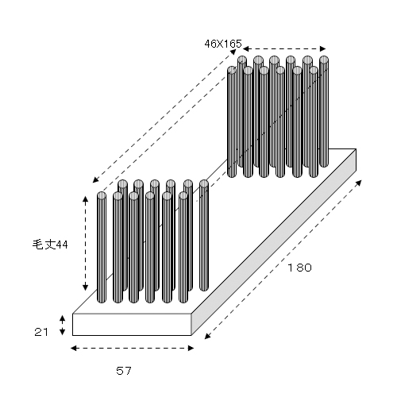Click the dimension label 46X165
223,44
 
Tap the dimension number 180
299,268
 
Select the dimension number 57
124,371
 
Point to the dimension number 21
41,332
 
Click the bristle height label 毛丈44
50,245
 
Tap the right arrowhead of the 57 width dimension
191,348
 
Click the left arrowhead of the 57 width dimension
74,348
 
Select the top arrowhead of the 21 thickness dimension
62,318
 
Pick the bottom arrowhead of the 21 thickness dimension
62,332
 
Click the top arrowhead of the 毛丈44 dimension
85,199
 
